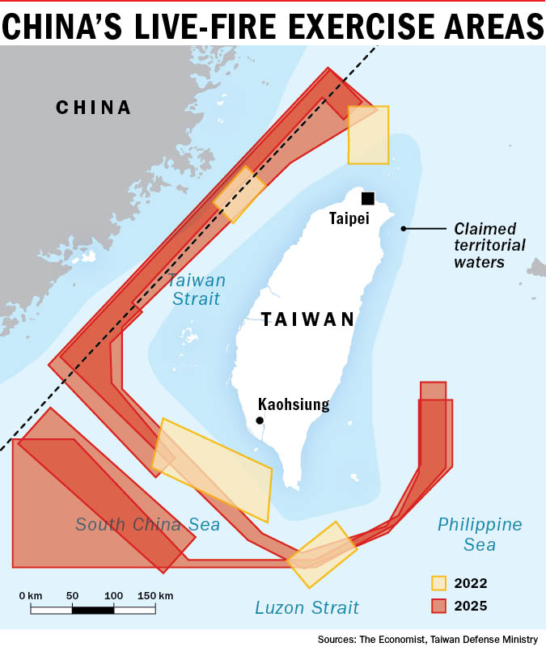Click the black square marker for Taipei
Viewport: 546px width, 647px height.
[368, 198]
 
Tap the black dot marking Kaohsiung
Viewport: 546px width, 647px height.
[260, 421]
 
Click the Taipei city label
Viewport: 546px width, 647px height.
[349, 218]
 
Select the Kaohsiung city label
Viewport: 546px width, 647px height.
[294, 404]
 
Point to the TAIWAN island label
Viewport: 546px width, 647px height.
[308, 319]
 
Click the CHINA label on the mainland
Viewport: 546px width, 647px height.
[94, 108]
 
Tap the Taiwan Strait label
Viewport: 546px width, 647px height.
[197, 290]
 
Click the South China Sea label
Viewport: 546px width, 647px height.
[148, 524]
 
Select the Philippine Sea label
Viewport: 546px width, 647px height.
[480, 534]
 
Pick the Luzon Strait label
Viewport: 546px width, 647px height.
[307, 607]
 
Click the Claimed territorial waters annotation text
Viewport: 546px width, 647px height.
[489, 245]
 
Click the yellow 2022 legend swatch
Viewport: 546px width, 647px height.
[439, 582]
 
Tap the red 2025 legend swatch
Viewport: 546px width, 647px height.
[439, 605]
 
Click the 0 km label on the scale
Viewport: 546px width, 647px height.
[31, 595]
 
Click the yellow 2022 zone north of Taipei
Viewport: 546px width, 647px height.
[369, 134]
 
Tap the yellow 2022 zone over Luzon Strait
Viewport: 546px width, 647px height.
[322, 554]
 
